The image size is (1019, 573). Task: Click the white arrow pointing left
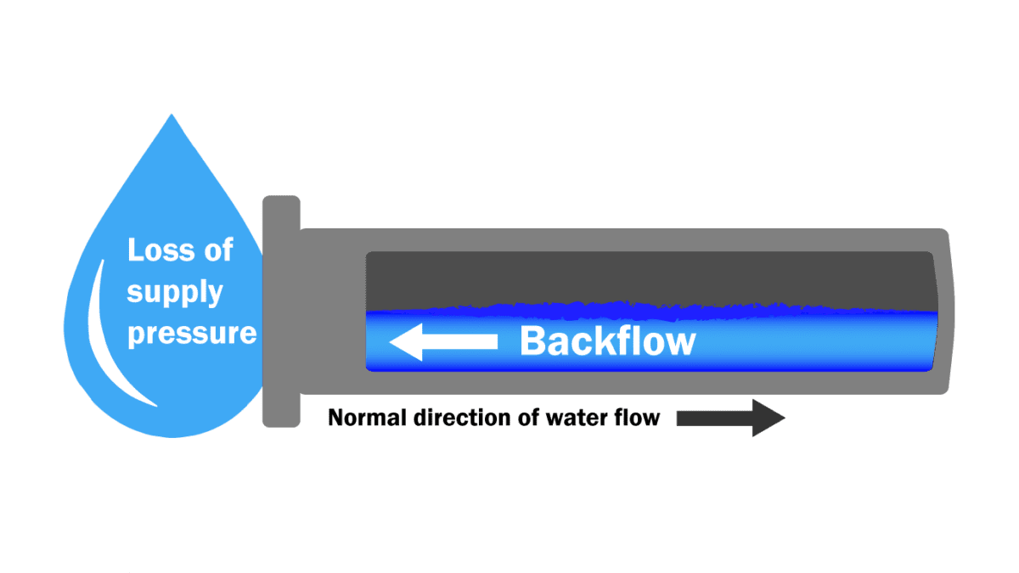(x=443, y=342)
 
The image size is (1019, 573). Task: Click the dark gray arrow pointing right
(x=729, y=419)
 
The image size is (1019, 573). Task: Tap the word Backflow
(x=607, y=342)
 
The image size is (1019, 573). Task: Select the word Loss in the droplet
(x=155, y=251)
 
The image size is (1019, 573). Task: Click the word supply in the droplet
(x=175, y=294)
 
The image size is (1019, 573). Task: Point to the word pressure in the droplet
(x=192, y=333)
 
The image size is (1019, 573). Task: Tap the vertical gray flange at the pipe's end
(x=281, y=311)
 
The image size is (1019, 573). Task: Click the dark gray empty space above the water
(x=650, y=276)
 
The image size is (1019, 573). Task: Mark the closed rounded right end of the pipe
(x=944, y=311)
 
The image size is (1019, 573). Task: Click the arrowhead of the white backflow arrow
(x=404, y=342)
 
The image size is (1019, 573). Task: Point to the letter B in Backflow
(x=532, y=342)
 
